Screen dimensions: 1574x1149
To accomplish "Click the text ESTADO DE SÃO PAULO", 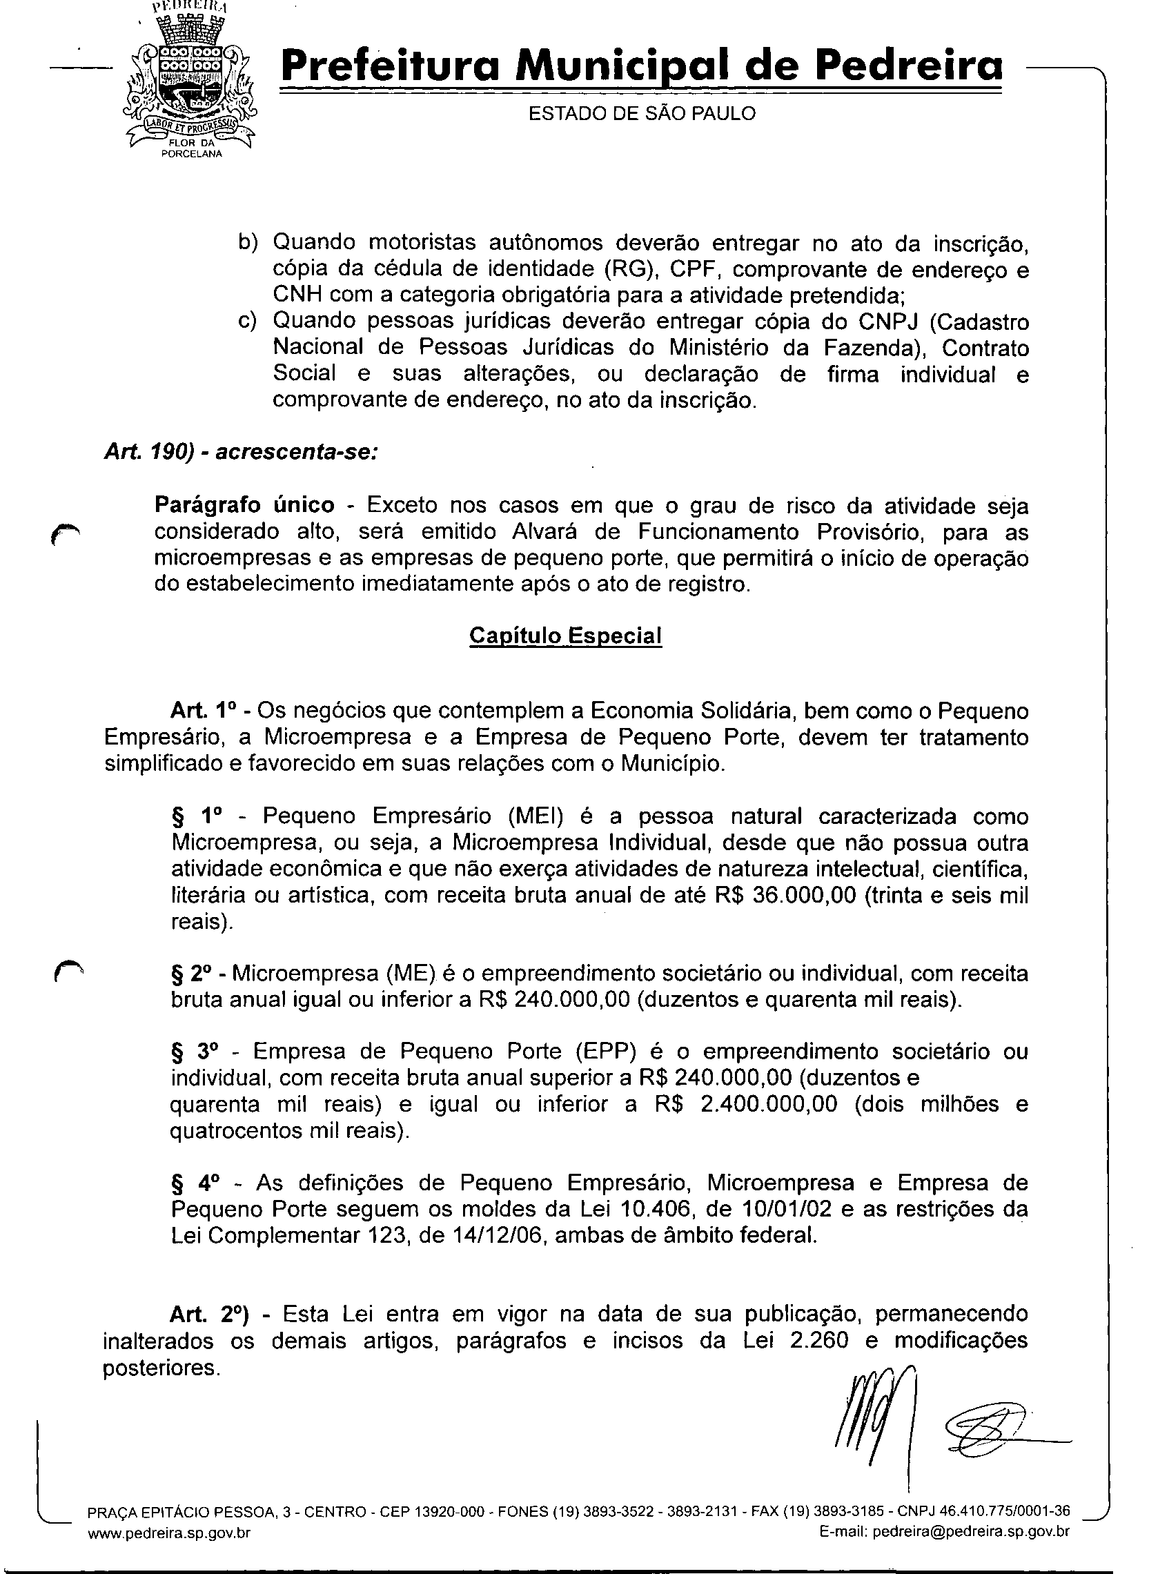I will [x=642, y=113].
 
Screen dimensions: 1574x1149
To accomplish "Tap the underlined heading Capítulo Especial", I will [x=565, y=636].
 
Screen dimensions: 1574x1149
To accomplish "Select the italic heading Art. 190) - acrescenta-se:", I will [x=241, y=452].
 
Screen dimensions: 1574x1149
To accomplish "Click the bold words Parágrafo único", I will [x=244, y=504].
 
